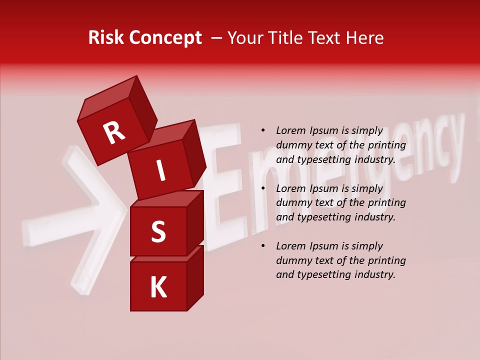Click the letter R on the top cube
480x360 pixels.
[114, 133]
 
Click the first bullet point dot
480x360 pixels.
[263, 131]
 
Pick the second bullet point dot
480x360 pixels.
[263, 189]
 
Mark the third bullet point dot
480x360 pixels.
[263, 246]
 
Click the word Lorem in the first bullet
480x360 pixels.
[291, 131]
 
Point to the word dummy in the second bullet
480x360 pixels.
[293, 203]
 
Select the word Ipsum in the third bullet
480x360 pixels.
[323, 246]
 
